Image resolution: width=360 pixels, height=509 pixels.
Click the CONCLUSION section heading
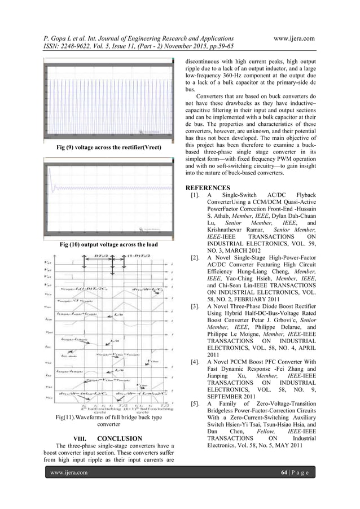point(117,437)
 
